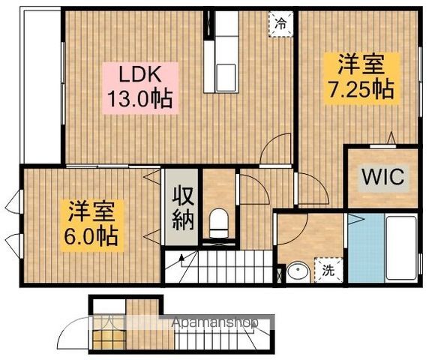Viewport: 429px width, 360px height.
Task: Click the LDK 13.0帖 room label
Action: pos(140,88)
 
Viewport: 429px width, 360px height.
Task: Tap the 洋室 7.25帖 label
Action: pos(361,79)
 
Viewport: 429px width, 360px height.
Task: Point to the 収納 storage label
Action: pos(183,207)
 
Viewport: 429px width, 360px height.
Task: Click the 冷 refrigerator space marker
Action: pos(281,24)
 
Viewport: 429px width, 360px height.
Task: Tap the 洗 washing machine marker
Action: pos(328,270)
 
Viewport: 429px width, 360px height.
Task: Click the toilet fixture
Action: pos(218,223)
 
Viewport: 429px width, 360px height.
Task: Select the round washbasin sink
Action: pos(298,272)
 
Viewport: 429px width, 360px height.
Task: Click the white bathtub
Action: pos(401,248)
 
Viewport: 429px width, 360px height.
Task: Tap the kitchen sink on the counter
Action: pos(226,78)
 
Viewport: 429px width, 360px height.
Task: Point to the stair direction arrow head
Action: pos(181,257)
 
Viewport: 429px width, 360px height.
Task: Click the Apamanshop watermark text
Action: pos(214,323)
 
